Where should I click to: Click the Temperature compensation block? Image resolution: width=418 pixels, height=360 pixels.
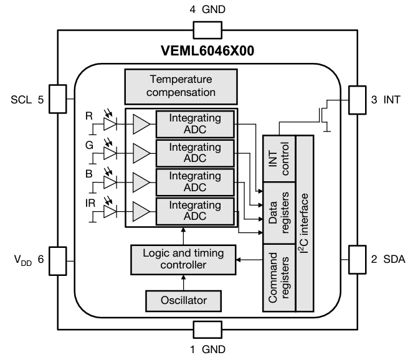(181, 86)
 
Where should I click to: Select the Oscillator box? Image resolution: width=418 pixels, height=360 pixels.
(184, 301)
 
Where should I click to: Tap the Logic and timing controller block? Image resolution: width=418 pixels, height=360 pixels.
(184, 259)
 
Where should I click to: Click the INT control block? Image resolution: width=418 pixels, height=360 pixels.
(278, 158)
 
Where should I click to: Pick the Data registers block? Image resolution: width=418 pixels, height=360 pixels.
(278, 212)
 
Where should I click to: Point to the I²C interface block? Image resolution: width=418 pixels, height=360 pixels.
(304, 222)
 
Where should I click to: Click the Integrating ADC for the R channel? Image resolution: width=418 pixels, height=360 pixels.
(195, 124)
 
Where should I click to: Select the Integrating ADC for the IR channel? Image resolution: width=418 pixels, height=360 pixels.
(195, 211)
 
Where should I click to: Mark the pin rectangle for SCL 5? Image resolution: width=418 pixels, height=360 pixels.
(57, 100)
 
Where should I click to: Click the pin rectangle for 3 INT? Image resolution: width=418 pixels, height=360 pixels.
(358, 100)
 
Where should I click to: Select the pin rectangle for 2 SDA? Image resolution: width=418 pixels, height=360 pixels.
(358, 259)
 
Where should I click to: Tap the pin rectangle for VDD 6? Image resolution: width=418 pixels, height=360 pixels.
(57, 259)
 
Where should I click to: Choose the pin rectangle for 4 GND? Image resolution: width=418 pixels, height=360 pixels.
(207, 29)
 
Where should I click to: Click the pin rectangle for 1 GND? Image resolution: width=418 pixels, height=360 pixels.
(207, 329)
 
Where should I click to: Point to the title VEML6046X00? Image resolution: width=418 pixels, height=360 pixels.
(207, 51)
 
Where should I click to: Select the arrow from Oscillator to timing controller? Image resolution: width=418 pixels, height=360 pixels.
(184, 282)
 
